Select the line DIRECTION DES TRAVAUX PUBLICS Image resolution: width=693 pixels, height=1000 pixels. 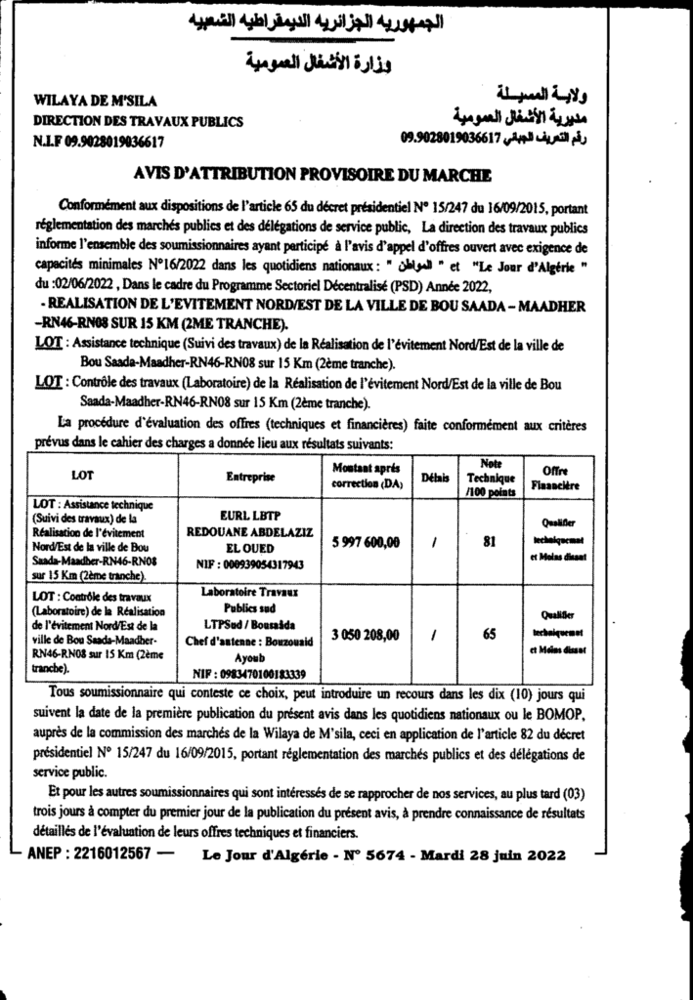[138, 121]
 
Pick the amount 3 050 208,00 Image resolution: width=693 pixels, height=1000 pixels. [360, 635]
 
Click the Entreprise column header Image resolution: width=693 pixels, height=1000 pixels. [249, 479]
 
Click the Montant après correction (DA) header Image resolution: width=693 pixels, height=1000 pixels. [360, 477]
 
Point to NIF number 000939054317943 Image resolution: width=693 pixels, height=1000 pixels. [249, 563]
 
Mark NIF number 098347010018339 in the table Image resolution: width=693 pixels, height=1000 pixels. [249, 673]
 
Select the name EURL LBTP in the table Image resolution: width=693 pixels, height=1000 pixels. [249, 511]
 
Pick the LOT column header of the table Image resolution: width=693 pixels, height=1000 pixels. [83, 479]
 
